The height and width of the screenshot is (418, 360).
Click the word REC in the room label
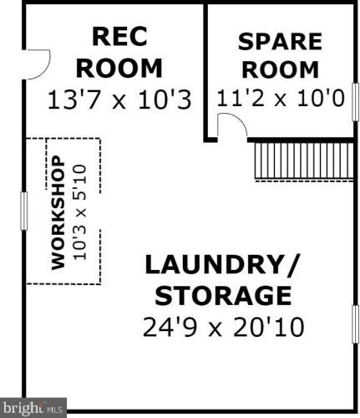tap(119, 36)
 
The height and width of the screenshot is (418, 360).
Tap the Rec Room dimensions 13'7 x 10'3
tap(119, 99)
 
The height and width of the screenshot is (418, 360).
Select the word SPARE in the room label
tap(280, 42)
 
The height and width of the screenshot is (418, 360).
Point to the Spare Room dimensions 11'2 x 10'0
tap(281, 98)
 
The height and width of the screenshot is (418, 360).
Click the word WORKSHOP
tap(58, 213)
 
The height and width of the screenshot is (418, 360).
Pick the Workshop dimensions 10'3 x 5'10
tap(79, 212)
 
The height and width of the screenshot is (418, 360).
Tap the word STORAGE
tap(223, 295)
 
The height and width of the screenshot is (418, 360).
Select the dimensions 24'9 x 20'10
tap(223, 327)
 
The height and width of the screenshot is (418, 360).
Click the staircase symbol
tap(304, 161)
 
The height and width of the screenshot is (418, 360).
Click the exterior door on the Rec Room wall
tap(37, 64)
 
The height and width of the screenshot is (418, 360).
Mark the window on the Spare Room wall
tap(355, 102)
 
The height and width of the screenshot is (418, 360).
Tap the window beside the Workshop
tap(24, 211)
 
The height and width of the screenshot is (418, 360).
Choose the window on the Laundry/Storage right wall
tap(355, 324)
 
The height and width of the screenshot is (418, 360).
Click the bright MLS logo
tap(33, 408)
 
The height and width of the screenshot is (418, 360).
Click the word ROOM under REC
tap(119, 69)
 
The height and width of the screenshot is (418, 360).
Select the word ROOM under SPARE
tap(281, 69)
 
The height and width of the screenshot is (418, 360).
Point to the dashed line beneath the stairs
tap(304, 181)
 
